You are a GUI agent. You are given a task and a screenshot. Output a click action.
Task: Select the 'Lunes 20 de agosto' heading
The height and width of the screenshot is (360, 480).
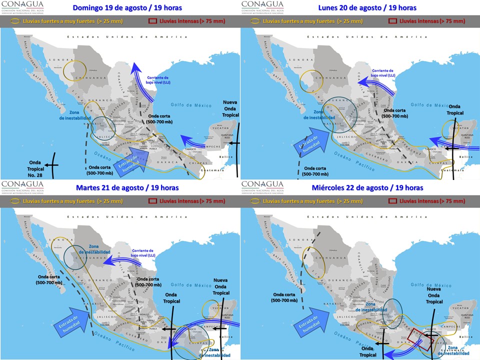tap(367, 8)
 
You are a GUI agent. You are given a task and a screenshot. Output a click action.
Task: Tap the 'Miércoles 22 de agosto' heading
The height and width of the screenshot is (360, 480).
tap(367, 187)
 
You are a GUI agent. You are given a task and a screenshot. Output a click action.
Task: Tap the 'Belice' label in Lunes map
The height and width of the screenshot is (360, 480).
tap(465, 156)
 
